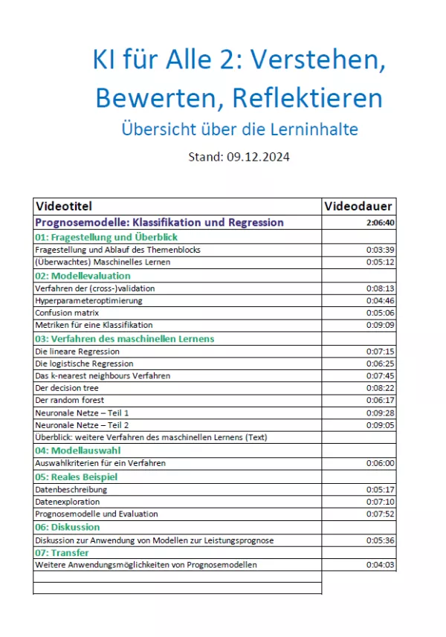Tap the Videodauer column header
(x=359, y=206)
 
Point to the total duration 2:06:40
(x=380, y=222)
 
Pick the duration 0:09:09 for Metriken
(x=380, y=325)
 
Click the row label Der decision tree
(x=66, y=388)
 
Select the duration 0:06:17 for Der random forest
(x=380, y=400)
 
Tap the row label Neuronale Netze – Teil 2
(x=82, y=425)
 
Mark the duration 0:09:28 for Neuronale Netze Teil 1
(x=380, y=413)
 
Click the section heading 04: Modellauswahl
(x=77, y=450)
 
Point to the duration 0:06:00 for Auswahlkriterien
(x=380, y=463)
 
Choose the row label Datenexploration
(x=67, y=502)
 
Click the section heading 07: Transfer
(x=62, y=553)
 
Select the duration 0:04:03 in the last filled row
(x=380, y=565)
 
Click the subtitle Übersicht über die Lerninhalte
(x=239, y=129)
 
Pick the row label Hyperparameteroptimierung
(x=88, y=300)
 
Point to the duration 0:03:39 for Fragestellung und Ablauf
(x=380, y=250)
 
